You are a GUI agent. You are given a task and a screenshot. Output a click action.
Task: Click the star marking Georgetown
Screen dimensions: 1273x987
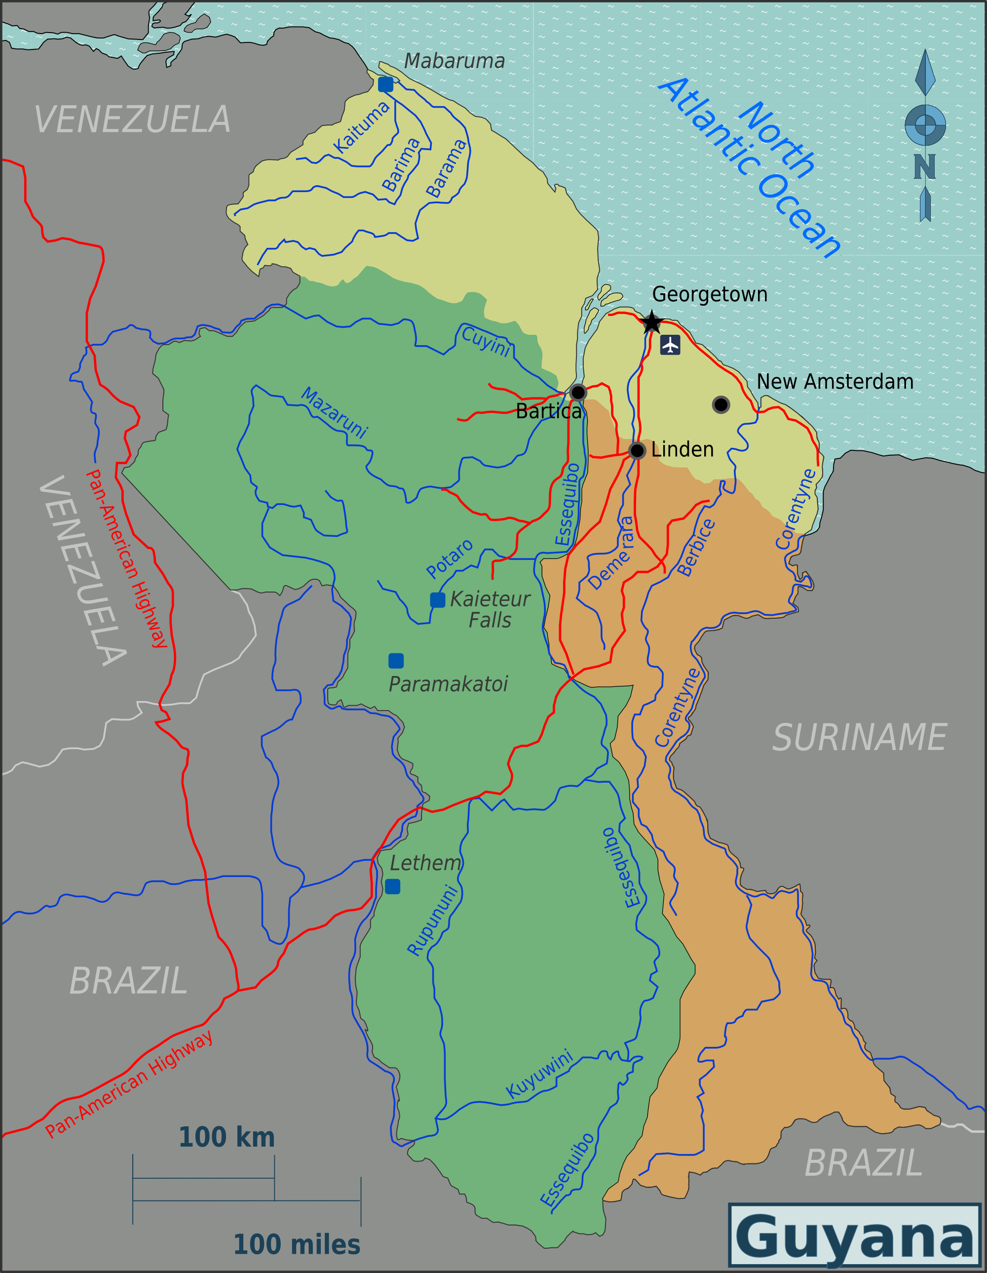coord(651,322)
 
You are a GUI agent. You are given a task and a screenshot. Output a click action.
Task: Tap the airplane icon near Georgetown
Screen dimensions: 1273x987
coord(670,345)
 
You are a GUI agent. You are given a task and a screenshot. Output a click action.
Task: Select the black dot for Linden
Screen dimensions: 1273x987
coord(638,450)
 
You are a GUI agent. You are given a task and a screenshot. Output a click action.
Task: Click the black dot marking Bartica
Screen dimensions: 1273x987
coord(578,392)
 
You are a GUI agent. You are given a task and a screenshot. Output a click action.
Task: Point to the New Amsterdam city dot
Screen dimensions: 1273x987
coord(721,404)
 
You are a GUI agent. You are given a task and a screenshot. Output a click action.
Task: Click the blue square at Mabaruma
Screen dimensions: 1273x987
coord(385,84)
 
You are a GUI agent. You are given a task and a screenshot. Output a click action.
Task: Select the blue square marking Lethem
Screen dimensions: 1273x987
coord(393,886)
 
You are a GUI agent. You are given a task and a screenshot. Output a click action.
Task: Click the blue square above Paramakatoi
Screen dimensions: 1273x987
coord(396,660)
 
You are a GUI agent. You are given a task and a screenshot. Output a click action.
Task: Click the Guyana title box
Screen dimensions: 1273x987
coord(855,1236)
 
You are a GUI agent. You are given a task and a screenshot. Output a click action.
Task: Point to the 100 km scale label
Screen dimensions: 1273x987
coord(227,1137)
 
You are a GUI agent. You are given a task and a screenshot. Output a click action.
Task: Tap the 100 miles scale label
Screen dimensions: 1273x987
coord(297,1245)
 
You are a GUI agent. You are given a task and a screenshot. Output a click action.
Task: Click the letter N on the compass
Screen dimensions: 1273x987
coord(925,167)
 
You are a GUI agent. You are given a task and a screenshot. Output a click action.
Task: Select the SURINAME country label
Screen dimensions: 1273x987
coord(859,738)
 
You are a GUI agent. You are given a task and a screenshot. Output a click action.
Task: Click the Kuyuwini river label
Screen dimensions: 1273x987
coord(539,1074)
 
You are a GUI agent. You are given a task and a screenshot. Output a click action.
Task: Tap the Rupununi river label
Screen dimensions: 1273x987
coord(432,920)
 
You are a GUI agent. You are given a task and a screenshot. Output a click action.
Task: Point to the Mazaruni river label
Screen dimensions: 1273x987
coord(335,412)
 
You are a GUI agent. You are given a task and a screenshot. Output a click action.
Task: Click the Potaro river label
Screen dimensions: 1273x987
coord(449,558)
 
